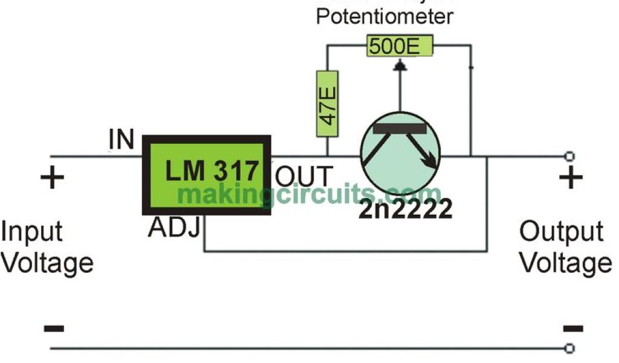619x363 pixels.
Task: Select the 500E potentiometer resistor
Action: [399, 46]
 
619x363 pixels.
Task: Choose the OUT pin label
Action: [304, 177]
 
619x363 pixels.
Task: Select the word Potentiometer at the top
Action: [384, 16]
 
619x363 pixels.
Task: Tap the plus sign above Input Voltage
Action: [52, 178]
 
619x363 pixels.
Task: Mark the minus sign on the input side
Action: [53, 329]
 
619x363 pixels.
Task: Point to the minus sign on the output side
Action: [572, 329]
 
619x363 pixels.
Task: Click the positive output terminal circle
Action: [568, 157]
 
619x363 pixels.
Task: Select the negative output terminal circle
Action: [568, 348]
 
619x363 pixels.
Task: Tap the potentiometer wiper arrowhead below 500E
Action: [399, 64]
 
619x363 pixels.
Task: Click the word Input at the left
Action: [32, 232]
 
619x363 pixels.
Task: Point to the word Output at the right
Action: [562, 232]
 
